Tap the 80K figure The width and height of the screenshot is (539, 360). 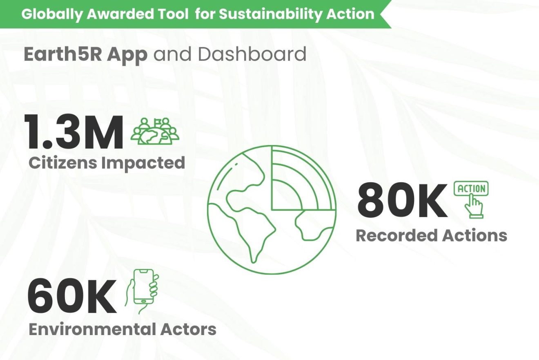click(402, 201)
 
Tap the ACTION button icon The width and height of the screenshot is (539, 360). click(471, 189)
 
